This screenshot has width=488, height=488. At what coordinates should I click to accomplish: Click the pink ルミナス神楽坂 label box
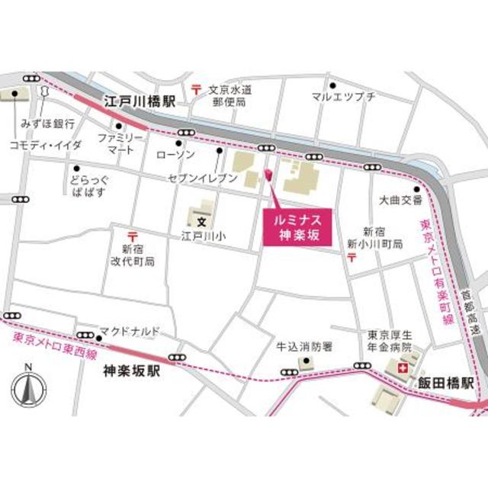coord(297,227)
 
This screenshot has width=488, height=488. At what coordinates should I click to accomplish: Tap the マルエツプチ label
coord(344,97)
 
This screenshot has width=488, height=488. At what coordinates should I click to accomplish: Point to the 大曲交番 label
coord(401,201)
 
